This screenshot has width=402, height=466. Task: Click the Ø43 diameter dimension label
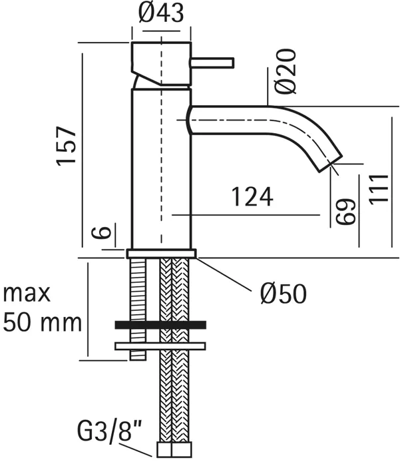coord(161,13)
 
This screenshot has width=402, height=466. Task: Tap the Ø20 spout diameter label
coord(286,71)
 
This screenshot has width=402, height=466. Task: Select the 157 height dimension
coord(67,146)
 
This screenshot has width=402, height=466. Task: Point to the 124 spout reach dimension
coord(252,197)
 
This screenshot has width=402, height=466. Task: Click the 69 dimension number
coord(345,211)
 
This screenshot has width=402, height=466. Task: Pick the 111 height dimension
coord(379,189)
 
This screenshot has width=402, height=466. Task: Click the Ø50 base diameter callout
coord(283,294)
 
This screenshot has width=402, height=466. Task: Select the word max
coord(27,294)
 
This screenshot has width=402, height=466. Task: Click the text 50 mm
coord(42,323)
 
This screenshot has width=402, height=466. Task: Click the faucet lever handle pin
coord(212,63)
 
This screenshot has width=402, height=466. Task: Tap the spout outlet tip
coord(331,164)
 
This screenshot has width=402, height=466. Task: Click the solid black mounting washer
coord(160,325)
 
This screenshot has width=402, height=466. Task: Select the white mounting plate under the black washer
coord(160,346)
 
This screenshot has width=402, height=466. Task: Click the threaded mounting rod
coord(138,309)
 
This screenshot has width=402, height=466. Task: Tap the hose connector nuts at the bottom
coord(174,449)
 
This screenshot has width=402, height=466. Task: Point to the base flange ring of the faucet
coord(161,254)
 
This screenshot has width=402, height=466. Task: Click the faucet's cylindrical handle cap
coord(161,65)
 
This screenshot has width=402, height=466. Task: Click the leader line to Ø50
coord(222,273)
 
